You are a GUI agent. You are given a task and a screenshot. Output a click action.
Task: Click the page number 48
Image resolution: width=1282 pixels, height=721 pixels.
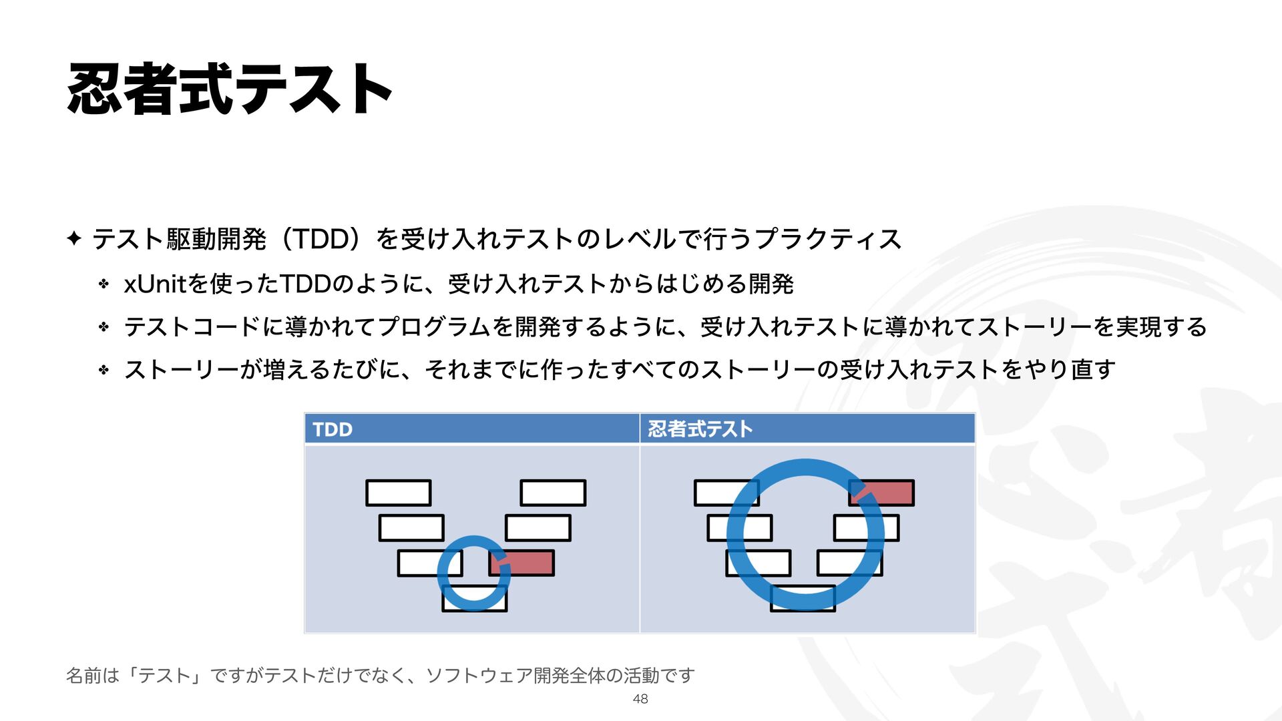(x=640, y=699)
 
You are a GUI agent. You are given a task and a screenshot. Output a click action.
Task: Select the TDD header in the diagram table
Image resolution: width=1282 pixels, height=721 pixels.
(x=333, y=429)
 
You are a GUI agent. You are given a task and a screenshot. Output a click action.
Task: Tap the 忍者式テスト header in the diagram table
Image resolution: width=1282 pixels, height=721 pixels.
(x=700, y=429)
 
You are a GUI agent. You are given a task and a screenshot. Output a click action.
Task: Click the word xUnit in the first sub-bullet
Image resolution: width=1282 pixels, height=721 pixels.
(x=154, y=284)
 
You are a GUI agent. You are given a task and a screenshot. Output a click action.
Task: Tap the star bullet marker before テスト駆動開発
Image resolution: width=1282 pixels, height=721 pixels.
(x=74, y=238)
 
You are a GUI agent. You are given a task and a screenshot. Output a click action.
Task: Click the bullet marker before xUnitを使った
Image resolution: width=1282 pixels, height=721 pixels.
(x=103, y=284)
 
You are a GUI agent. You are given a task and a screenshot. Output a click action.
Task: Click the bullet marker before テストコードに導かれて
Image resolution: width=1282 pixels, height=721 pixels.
(x=103, y=327)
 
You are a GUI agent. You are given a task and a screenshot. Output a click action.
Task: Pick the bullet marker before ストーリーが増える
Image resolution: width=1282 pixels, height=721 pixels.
(x=103, y=369)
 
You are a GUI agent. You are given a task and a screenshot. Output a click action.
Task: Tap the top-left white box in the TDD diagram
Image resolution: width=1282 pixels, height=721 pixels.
(x=398, y=493)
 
